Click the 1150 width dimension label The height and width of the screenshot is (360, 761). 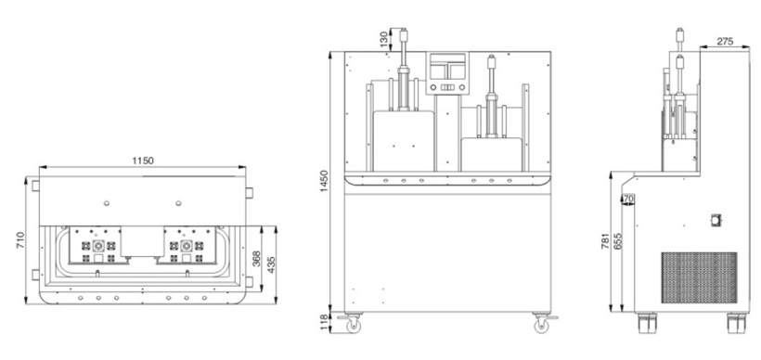[x=143, y=161]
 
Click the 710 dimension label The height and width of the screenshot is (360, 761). [x=20, y=240]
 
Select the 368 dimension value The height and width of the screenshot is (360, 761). [x=257, y=259]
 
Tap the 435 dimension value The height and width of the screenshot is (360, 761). [x=271, y=264]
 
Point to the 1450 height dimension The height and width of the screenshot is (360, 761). [x=325, y=181]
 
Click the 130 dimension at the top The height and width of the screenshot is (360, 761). [x=384, y=39]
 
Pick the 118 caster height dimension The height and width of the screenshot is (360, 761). [x=325, y=322]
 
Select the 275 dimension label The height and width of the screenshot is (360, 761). [x=725, y=42]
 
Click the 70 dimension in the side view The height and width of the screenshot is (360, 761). [x=628, y=199]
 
